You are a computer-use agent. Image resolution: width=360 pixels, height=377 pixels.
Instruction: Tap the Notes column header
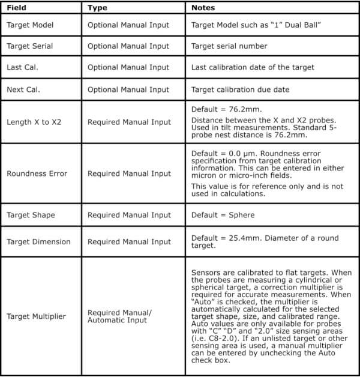[x=203, y=8]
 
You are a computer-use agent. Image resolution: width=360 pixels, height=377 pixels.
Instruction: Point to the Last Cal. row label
[x=23, y=67]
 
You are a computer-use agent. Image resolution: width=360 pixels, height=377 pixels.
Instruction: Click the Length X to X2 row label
[x=34, y=122]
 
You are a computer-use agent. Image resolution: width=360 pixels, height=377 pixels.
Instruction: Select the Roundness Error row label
[x=37, y=173]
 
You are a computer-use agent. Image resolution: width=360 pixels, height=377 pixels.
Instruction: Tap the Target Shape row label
[x=31, y=215]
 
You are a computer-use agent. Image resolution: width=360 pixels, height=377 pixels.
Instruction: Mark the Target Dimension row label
[x=38, y=242]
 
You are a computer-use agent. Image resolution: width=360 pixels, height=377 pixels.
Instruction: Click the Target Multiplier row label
[x=37, y=316]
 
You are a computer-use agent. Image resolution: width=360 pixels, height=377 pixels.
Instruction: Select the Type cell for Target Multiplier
[x=119, y=316]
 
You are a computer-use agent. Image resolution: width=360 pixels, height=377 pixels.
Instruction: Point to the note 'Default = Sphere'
[x=223, y=215]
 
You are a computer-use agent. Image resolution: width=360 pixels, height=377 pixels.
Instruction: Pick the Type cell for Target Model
[x=128, y=25]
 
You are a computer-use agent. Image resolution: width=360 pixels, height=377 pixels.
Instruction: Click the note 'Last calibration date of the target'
[x=252, y=67]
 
